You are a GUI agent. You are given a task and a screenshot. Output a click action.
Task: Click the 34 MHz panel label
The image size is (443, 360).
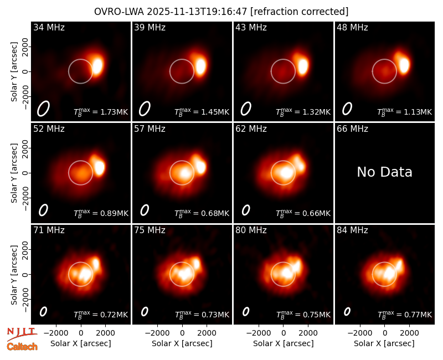tap(49, 27)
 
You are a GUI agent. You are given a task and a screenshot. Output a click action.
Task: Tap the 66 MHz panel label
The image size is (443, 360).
tap(352, 129)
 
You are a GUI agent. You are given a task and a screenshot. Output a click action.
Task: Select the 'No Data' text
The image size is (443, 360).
tap(384, 172)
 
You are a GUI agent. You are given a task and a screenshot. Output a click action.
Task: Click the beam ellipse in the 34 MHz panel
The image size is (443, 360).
tap(43, 109)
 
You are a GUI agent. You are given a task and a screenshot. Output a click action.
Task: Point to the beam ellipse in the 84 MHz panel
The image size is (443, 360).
tap(347, 311)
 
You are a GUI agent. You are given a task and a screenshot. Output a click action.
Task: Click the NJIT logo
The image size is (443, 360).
tap(22, 334)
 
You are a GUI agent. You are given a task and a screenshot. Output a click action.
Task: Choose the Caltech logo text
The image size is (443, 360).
tap(22, 347)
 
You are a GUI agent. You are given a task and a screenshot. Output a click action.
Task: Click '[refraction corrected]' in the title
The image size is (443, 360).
tap(299, 12)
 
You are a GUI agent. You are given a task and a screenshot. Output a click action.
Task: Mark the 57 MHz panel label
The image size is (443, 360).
tap(150, 129)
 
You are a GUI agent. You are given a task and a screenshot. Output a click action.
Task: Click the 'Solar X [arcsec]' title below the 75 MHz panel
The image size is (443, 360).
tap(182, 343)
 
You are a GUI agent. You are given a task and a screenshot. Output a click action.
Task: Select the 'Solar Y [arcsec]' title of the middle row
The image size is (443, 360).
tap(14, 173)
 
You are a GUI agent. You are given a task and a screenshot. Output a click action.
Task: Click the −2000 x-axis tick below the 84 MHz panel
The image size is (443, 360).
tap(359, 333)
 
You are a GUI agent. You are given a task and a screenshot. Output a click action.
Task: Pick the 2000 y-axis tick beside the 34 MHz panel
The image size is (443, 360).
tap(25, 47)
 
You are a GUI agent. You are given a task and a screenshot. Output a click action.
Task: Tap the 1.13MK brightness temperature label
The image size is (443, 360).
tap(405, 112)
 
